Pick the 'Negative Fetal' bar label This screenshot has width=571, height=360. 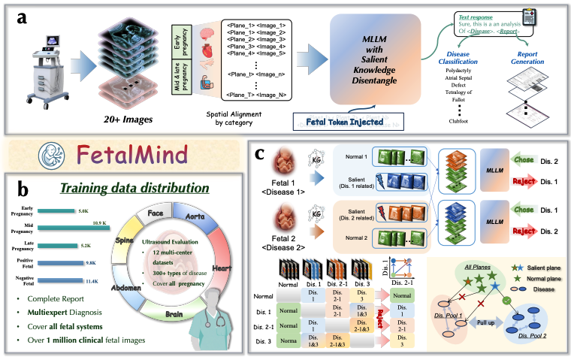tap(24, 280)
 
